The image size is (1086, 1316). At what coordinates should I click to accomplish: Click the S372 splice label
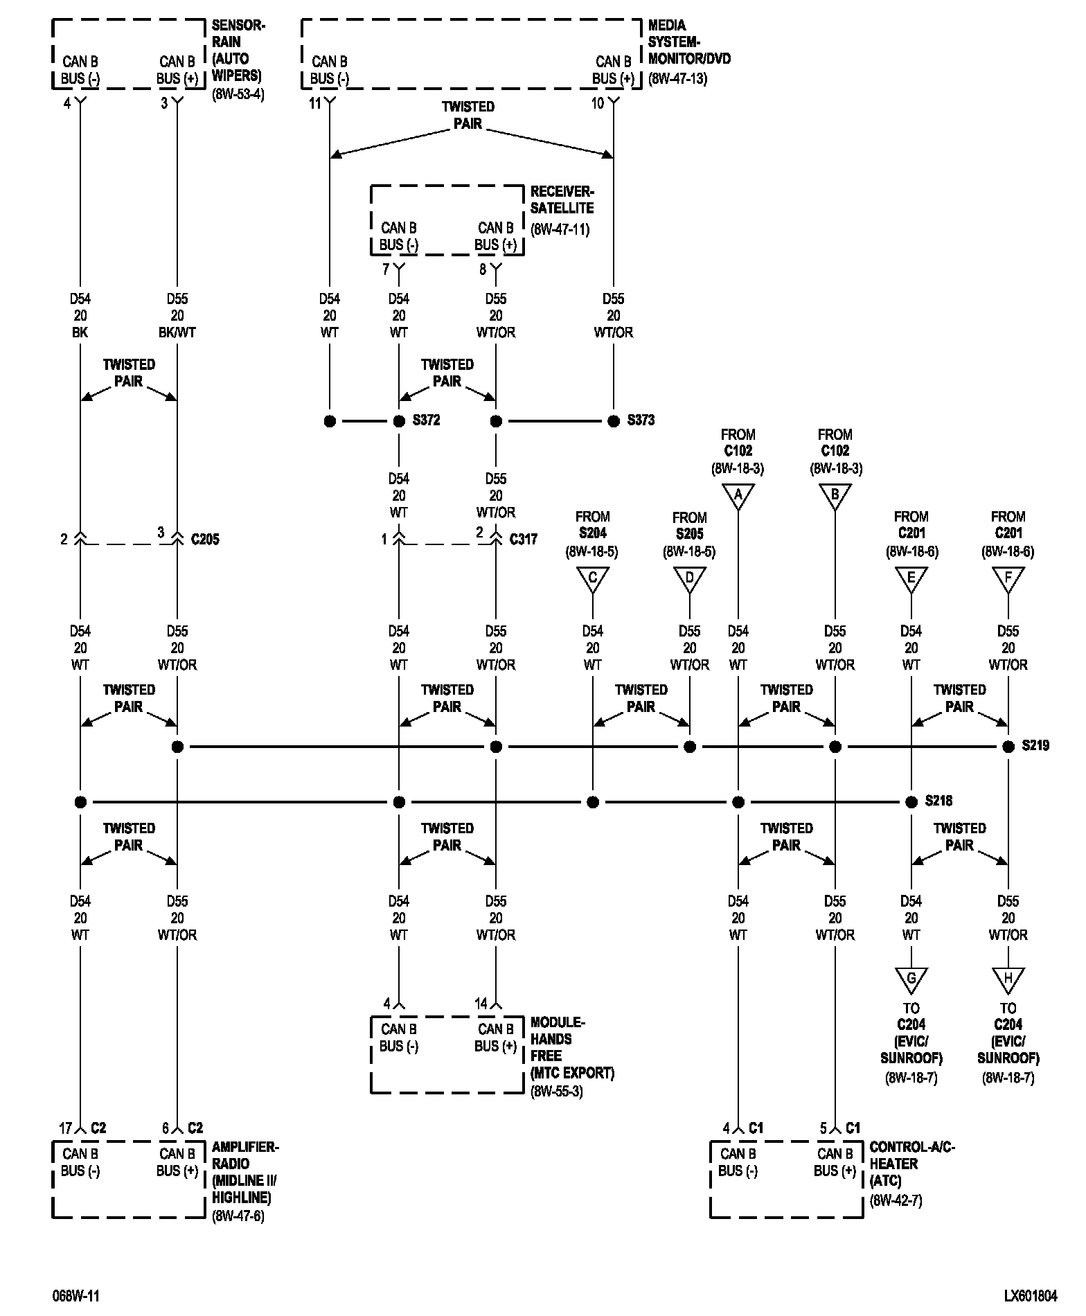point(426,420)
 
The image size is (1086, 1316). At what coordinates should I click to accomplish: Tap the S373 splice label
point(641,420)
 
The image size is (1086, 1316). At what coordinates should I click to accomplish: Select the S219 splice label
point(1035,746)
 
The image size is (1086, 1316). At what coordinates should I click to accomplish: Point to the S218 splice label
point(938,801)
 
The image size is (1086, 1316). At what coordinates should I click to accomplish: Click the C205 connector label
point(205,539)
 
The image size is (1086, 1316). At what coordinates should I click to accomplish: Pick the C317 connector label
point(524,539)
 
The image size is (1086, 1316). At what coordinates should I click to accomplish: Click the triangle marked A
point(738,496)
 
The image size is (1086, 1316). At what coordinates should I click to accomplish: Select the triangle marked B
point(835,496)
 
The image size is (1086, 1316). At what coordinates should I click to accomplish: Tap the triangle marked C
point(592,578)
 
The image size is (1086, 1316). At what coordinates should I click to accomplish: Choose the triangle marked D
point(689,578)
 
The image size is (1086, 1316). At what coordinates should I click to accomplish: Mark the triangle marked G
point(911,979)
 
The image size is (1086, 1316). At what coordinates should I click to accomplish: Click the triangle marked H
point(1008,979)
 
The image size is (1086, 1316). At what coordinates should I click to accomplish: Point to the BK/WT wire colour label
point(177,332)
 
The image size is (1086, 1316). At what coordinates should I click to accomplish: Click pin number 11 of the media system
point(315,104)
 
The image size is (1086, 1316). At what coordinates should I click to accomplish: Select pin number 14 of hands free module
point(481,1004)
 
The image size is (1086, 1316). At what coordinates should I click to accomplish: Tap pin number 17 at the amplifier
point(65,1128)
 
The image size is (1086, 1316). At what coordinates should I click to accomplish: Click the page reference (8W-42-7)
point(896,1200)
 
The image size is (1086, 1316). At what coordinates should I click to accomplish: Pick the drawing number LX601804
point(1031,1295)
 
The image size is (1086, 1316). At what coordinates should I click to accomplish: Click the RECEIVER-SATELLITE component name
point(562,199)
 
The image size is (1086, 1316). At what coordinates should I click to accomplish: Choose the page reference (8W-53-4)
point(238,94)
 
